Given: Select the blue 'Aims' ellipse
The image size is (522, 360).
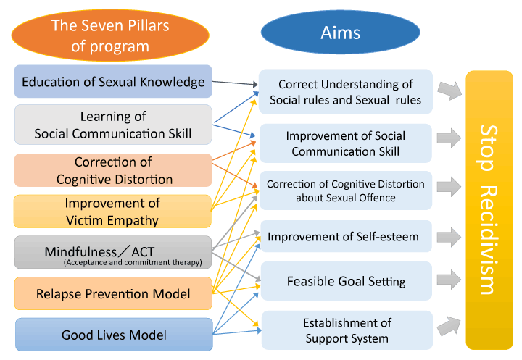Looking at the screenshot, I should pyautogui.click(x=340, y=33).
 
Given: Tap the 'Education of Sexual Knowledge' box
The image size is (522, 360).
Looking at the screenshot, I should pyautogui.click(x=113, y=82).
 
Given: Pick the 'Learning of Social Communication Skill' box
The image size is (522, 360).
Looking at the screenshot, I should pyautogui.click(x=113, y=125).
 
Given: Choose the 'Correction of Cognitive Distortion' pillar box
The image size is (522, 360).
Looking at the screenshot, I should pyautogui.click(x=113, y=170).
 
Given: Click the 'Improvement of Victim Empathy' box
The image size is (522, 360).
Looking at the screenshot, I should pyautogui.click(x=113, y=212).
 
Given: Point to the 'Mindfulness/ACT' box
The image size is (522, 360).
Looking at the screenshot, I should pyautogui.click(x=113, y=254).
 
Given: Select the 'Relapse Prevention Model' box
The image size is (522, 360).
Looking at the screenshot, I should pyautogui.click(x=113, y=293).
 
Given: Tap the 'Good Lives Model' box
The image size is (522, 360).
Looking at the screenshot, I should pyautogui.click(x=113, y=335).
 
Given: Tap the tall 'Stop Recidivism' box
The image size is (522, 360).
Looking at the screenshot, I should pyautogui.click(x=489, y=210).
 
